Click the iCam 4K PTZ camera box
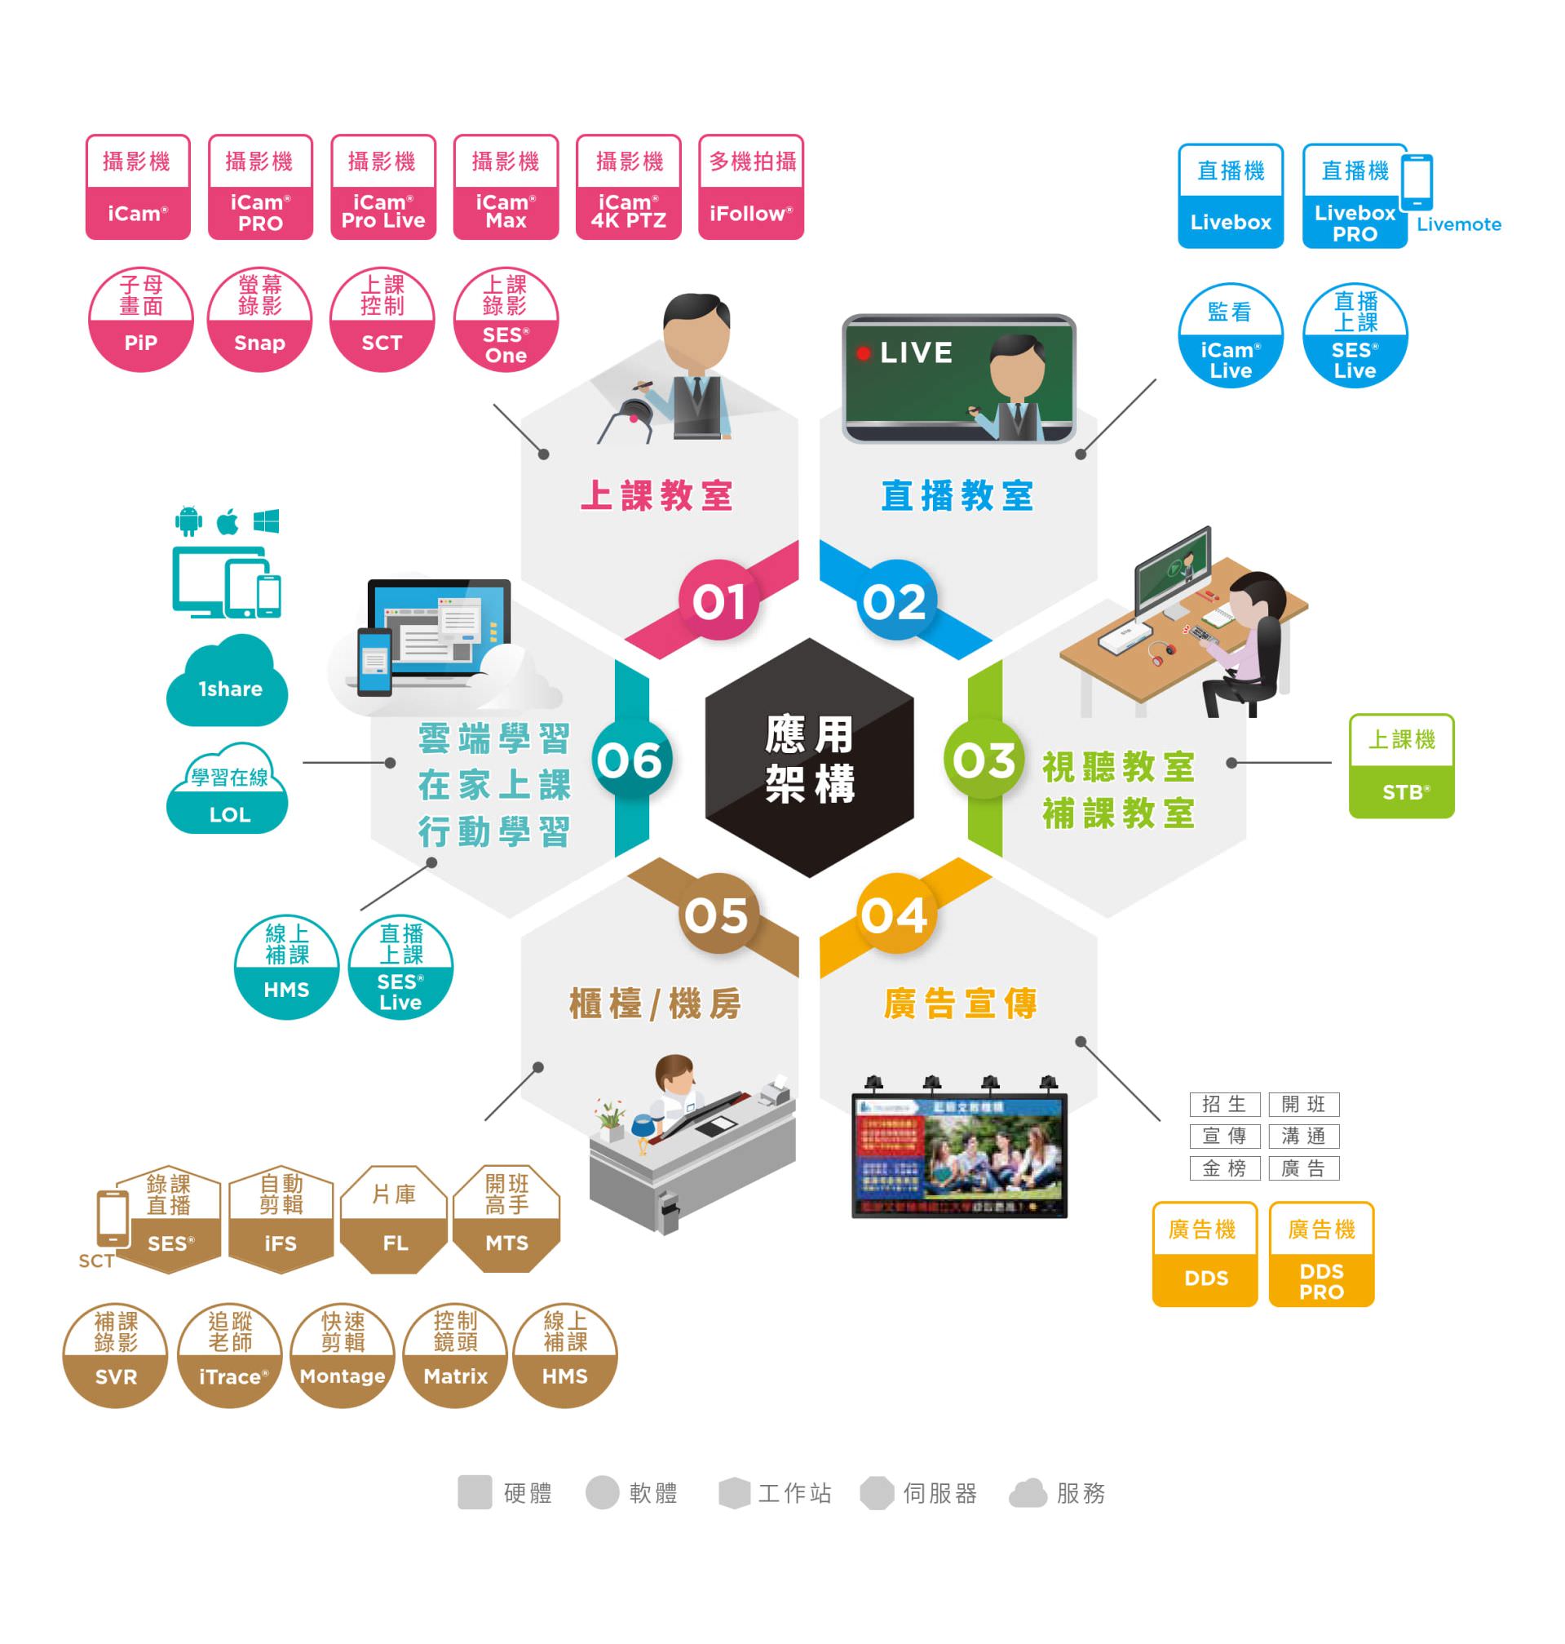(628, 187)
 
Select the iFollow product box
(751, 187)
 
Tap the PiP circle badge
(140, 320)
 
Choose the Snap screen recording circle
(259, 320)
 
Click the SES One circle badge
(506, 320)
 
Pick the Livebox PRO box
(1354, 197)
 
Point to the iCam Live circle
(1230, 335)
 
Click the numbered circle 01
(718, 600)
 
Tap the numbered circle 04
(895, 915)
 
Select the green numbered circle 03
(984, 760)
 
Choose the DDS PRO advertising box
(1320, 1253)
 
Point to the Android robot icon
(188, 521)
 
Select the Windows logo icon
(266, 521)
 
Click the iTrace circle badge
(230, 1355)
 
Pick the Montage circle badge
(343, 1355)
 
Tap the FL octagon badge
(395, 1218)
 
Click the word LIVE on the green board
(915, 352)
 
